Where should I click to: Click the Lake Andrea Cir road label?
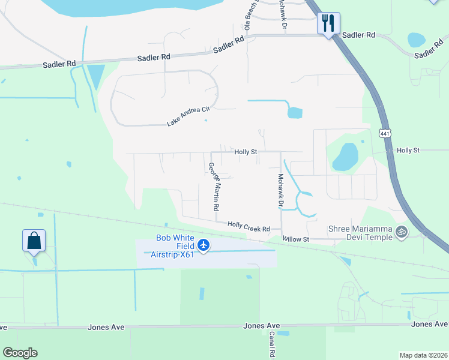click(x=188, y=116)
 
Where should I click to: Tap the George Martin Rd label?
click(x=214, y=186)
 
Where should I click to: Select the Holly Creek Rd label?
click(x=249, y=226)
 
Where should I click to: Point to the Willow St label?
click(x=296, y=239)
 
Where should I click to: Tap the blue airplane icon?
click(x=203, y=245)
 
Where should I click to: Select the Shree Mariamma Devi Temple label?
click(x=361, y=232)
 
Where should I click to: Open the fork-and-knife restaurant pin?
click(x=328, y=24)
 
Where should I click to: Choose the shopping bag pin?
click(x=34, y=241)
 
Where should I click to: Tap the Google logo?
click(x=20, y=353)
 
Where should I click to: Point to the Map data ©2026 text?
click(x=422, y=355)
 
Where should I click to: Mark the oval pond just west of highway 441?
click(x=344, y=156)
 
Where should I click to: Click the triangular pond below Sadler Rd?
click(x=95, y=76)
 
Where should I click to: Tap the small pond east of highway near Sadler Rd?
click(x=416, y=40)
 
